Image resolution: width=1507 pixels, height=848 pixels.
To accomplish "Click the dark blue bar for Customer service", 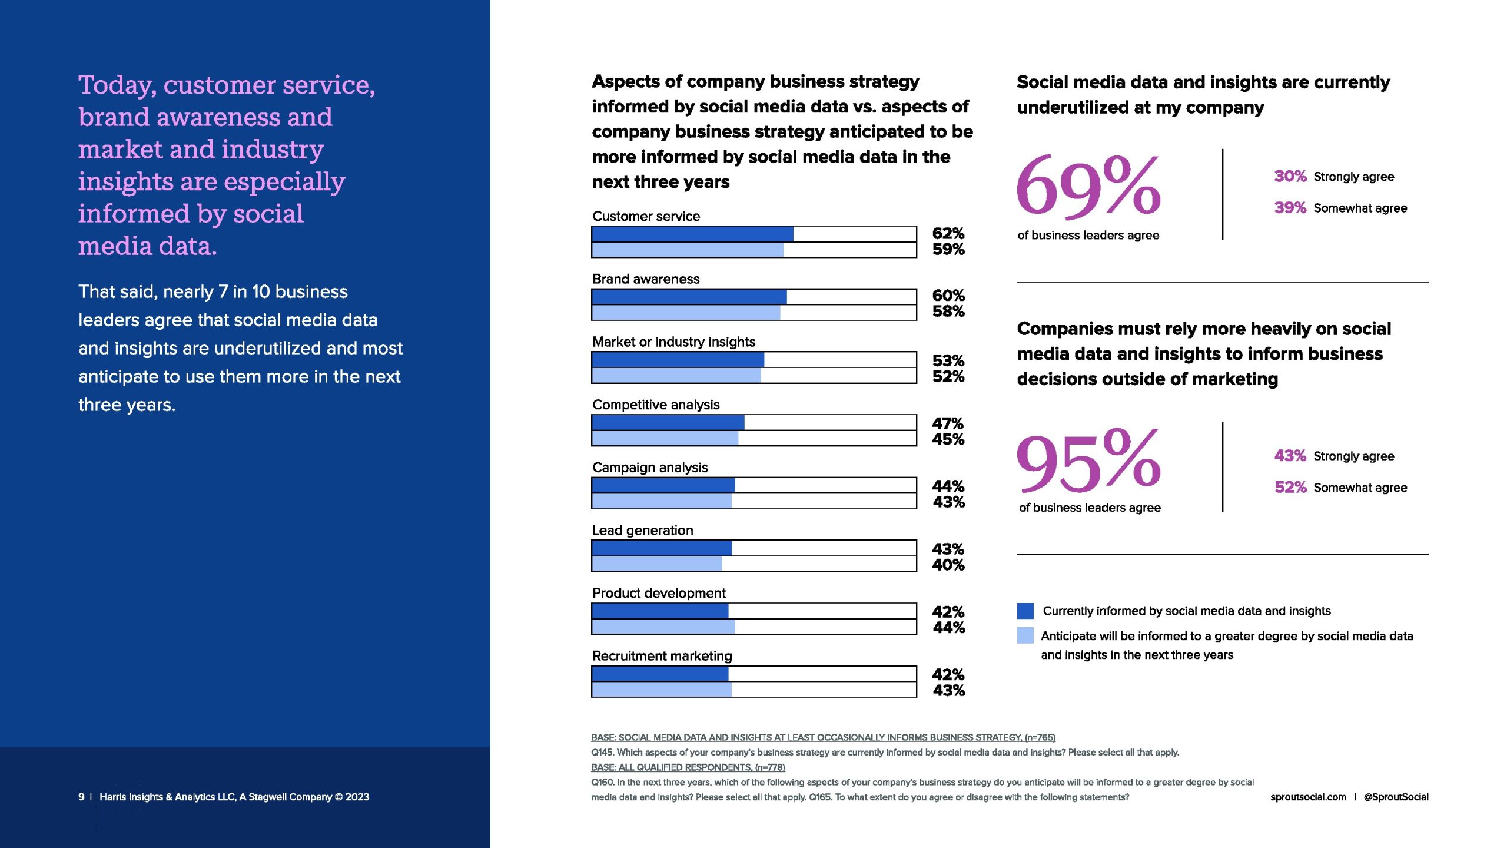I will click(692, 234).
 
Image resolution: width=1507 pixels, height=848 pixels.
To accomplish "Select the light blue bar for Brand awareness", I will click(686, 313).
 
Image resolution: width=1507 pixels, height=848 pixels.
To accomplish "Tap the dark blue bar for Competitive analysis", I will click(668, 422).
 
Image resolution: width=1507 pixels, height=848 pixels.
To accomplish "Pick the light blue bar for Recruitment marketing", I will click(662, 690).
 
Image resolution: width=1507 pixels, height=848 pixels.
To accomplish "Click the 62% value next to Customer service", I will click(948, 233).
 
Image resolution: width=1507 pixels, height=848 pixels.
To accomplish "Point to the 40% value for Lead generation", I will click(948, 565).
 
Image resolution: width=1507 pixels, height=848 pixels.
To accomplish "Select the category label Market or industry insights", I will click(673, 342).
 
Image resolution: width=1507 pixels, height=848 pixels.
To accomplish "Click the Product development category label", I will click(659, 593).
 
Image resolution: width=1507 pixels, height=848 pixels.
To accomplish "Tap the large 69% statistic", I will click(1088, 186).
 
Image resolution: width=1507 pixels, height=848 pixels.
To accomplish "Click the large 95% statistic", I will click(1088, 461).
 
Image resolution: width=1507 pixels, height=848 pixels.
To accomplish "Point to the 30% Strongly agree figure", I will click(1290, 176).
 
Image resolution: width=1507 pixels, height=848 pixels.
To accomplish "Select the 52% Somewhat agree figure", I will click(1290, 487).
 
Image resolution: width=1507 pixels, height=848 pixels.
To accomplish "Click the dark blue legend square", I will click(1025, 611).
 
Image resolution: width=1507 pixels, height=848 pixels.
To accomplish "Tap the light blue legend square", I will click(1025, 635).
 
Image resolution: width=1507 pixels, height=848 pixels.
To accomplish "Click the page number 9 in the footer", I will click(81, 797).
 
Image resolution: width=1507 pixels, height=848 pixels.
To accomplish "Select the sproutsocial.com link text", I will click(1308, 797).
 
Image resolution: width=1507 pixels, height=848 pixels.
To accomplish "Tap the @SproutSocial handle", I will click(1396, 797).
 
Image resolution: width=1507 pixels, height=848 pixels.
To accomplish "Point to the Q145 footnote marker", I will click(602, 752).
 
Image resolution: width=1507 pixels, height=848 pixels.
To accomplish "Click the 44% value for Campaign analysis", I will click(948, 486).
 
